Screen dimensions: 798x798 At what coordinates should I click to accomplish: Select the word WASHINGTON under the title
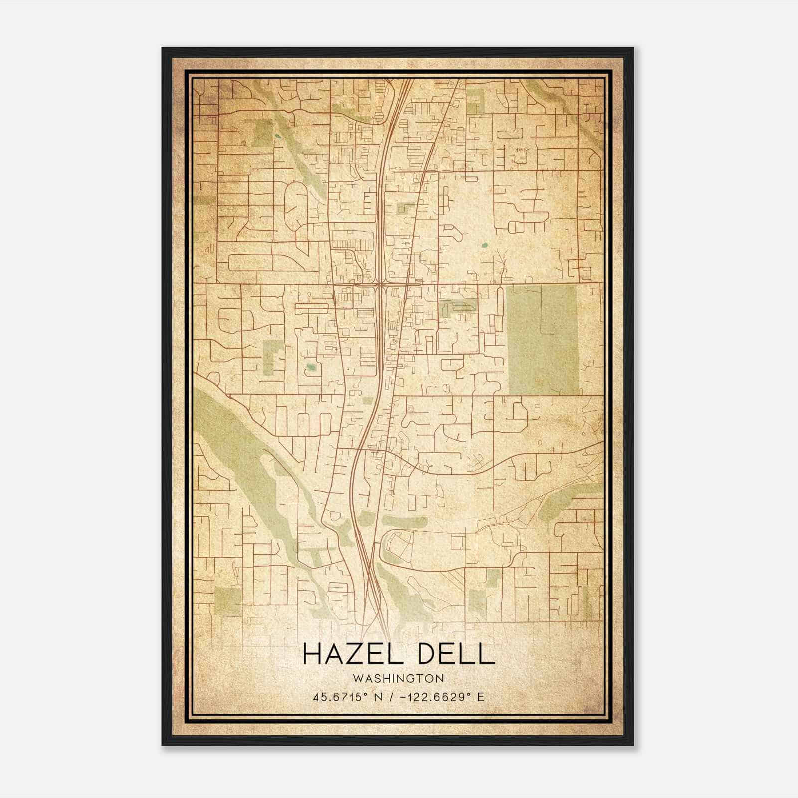[x=398, y=678]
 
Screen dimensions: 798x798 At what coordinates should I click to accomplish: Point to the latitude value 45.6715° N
[x=348, y=697]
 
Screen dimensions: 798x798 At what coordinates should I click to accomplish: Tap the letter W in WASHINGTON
[x=356, y=678]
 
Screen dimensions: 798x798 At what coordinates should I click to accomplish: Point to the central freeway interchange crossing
[x=380, y=284]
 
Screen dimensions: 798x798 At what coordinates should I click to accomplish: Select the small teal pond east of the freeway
[x=484, y=245]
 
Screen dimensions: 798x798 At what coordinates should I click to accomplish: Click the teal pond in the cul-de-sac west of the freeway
[x=311, y=368]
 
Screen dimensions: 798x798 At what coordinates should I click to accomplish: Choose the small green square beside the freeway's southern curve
[x=367, y=400]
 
